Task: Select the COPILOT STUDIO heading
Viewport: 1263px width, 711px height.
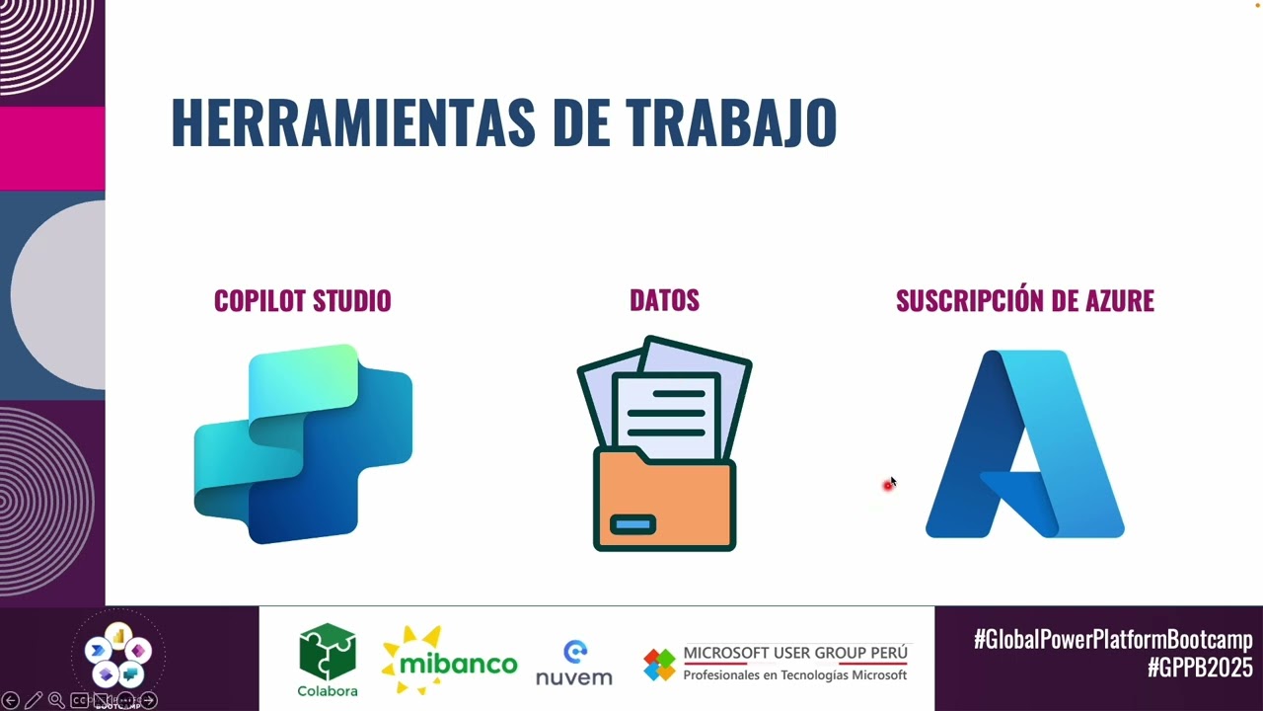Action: click(302, 301)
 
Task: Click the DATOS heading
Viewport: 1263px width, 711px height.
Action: click(664, 300)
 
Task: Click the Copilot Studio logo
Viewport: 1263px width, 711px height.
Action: click(303, 443)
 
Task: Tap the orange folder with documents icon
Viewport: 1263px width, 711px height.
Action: click(664, 444)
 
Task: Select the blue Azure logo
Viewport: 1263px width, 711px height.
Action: click(1024, 443)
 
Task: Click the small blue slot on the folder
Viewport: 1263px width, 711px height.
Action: click(632, 524)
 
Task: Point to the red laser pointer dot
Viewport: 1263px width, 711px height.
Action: click(888, 485)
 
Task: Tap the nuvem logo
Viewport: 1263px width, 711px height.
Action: click(574, 664)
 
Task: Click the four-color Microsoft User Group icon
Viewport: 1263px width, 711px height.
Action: click(659, 665)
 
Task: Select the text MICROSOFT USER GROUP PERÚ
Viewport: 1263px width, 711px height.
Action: click(795, 653)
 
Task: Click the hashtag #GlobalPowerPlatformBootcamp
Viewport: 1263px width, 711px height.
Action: click(1113, 639)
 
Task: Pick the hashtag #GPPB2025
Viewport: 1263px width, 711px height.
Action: click(1199, 669)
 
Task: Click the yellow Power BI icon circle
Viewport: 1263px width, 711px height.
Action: click(118, 634)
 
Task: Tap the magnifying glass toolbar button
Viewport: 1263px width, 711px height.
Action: click(56, 700)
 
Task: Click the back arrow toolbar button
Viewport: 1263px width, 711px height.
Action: click(11, 700)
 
